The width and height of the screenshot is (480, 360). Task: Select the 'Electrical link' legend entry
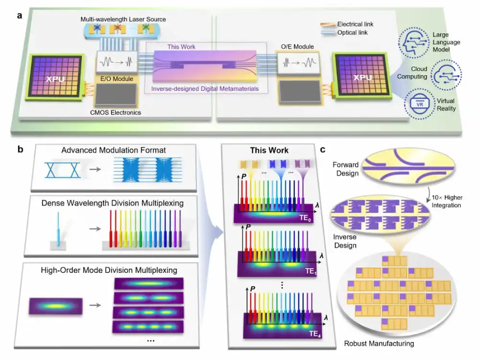click(356, 24)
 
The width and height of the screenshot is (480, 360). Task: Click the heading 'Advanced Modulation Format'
click(114, 151)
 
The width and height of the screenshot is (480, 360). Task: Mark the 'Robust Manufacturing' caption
click(379, 343)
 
